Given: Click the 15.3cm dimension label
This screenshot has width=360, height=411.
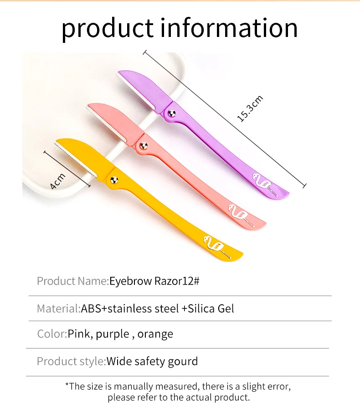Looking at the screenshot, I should point(250,109).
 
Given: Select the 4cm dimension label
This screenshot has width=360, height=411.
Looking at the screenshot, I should point(57,181).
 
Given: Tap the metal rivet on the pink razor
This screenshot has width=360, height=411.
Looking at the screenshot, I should point(143,146).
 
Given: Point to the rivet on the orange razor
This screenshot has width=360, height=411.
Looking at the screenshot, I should point(113,178).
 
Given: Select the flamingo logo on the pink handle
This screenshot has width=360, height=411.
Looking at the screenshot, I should point(239,213).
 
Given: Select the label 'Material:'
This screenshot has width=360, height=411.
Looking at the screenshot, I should point(58,308).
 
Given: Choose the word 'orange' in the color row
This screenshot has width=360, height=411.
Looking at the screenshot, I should point(155,334).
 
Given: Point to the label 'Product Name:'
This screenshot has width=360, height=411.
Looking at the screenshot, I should point(72,281).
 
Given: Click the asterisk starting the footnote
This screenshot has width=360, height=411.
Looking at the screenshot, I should point(67,385).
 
